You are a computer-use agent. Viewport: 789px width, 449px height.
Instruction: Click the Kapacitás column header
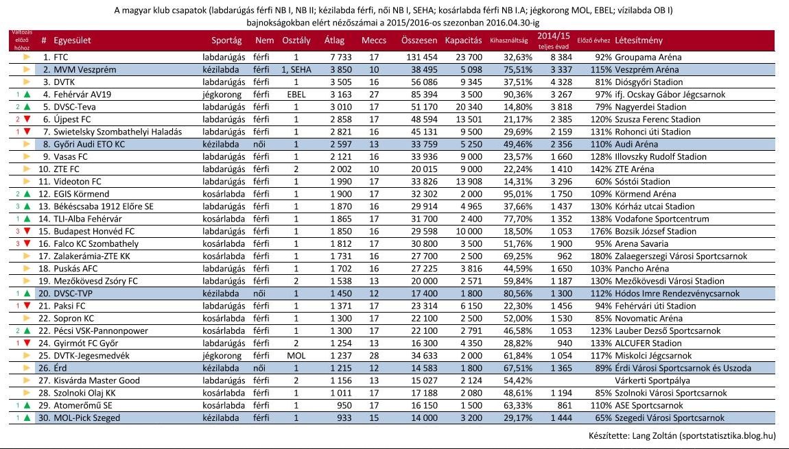(x=463, y=40)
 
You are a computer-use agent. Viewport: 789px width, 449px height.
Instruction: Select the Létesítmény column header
(x=639, y=40)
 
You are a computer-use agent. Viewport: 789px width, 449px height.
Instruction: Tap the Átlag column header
(x=334, y=40)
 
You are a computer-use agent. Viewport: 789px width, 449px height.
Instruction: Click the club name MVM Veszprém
(x=85, y=70)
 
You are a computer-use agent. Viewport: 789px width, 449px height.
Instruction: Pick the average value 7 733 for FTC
(x=341, y=58)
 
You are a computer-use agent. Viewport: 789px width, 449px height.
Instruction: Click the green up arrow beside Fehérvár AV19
(x=27, y=95)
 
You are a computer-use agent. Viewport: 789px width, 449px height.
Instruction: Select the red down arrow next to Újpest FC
(x=27, y=119)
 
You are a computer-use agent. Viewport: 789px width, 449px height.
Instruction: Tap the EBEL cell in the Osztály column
(x=296, y=95)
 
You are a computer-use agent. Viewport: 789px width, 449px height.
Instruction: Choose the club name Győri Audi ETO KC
(x=90, y=145)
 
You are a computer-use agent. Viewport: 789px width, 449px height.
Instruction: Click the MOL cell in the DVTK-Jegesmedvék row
(x=296, y=356)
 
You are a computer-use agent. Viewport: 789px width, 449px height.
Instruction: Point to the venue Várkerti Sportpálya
(x=652, y=380)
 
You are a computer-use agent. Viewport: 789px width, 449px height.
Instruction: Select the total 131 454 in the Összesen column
(x=422, y=58)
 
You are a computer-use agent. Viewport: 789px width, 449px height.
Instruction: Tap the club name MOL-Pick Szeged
(x=87, y=418)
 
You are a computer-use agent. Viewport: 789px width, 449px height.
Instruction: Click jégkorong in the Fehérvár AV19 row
(x=224, y=95)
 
